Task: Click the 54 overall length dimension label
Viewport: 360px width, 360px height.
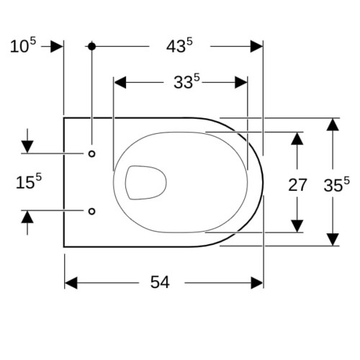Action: click(x=160, y=282)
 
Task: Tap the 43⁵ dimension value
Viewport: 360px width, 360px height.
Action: click(x=179, y=45)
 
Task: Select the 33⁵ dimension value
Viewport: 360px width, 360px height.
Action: click(x=186, y=81)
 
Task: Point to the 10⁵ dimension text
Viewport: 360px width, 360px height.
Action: click(x=23, y=45)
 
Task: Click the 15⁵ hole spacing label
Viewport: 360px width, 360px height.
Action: click(x=29, y=181)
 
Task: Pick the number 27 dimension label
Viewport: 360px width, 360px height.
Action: click(x=297, y=185)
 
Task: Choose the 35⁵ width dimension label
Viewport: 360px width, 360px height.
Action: click(x=336, y=185)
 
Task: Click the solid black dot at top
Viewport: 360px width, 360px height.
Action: click(x=91, y=46)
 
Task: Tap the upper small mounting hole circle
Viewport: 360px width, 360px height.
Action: click(x=91, y=153)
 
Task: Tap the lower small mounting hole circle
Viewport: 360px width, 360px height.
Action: click(x=91, y=211)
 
